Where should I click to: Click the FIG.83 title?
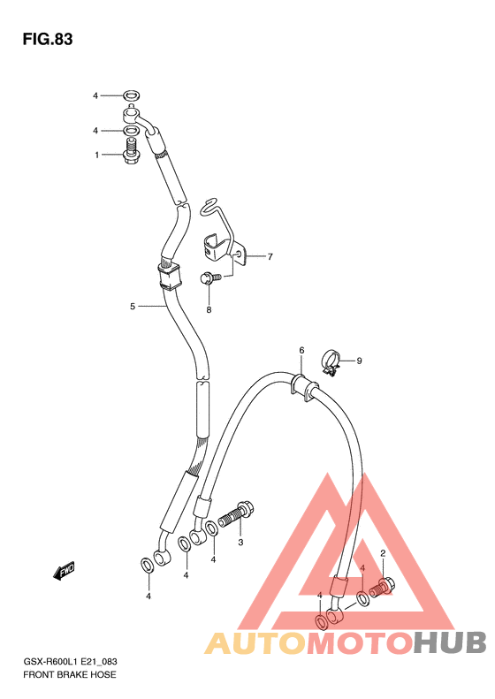[48, 39]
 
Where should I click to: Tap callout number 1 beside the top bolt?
[96, 156]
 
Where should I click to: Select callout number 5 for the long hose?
[133, 307]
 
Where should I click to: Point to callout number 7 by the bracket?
[270, 256]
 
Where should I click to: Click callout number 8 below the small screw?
[209, 309]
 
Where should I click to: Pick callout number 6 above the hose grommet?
[301, 351]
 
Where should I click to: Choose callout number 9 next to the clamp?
[359, 361]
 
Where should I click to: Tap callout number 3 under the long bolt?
[240, 543]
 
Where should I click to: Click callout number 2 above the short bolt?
[383, 554]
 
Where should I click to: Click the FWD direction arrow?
[64, 570]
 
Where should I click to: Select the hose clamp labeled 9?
[331, 363]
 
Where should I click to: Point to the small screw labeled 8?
[210, 278]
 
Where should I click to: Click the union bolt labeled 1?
[131, 152]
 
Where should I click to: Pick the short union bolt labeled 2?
[383, 587]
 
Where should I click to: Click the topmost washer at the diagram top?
[131, 95]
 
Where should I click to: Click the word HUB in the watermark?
[449, 642]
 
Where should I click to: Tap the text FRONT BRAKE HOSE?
[70, 675]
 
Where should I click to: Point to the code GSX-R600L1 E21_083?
[70, 663]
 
